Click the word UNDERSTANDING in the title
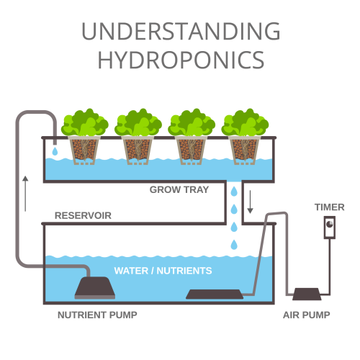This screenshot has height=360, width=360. (181, 31)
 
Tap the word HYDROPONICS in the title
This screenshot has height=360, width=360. (181, 60)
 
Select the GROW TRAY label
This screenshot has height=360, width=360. (179, 189)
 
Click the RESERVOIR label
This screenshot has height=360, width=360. (83, 215)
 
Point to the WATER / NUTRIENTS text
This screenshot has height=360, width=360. (163, 271)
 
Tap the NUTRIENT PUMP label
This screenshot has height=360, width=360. (97, 315)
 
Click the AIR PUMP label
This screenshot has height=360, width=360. (307, 315)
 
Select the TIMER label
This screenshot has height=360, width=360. (330, 207)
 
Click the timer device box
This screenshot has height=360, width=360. (330, 228)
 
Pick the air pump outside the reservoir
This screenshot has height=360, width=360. (307, 294)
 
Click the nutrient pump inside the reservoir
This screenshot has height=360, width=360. (95, 288)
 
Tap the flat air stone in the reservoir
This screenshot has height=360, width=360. (215, 294)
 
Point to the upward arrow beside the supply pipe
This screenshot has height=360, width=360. (25, 194)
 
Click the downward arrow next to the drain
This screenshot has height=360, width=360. (250, 202)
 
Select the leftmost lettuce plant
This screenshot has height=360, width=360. (85, 122)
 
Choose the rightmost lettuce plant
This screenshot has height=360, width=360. (245, 122)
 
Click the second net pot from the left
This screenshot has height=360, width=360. (138, 150)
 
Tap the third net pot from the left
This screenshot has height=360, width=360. (191, 150)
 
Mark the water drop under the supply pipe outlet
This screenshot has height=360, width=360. (55, 151)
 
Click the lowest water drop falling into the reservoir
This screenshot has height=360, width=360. (234, 245)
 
